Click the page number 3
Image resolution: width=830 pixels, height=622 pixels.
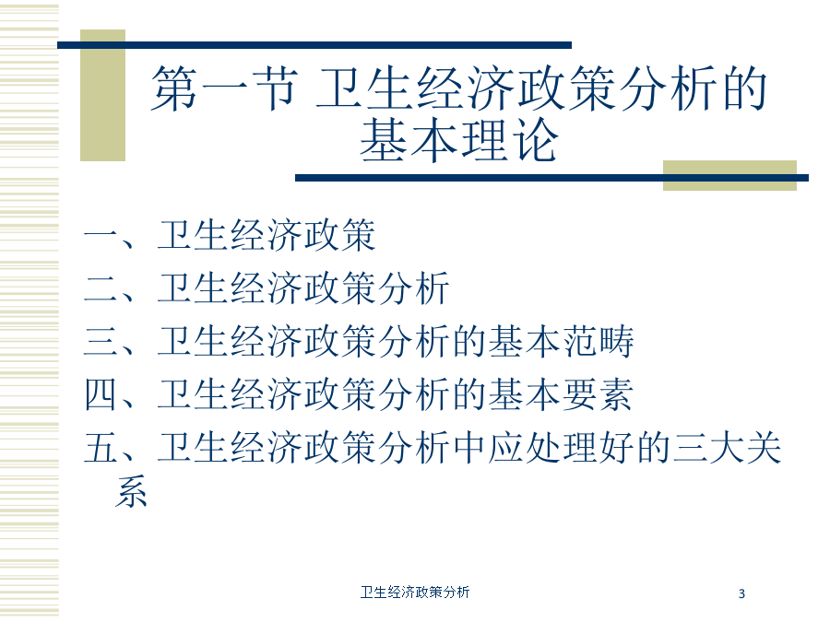(741, 593)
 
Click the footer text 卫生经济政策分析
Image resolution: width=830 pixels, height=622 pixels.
(415, 592)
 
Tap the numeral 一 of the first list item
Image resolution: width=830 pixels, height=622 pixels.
(100, 236)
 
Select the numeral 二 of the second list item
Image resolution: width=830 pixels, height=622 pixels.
(100, 288)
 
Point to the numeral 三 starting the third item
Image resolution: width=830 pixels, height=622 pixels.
(100, 341)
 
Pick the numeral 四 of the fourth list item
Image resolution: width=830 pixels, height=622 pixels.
(100, 394)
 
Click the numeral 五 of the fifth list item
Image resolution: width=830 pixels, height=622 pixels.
(100, 448)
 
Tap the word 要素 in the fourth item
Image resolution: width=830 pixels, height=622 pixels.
(598, 394)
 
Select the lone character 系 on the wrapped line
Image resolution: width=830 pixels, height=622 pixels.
(131, 492)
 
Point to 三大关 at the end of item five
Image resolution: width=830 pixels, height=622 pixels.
(727, 448)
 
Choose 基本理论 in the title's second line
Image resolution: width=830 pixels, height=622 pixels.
(459, 140)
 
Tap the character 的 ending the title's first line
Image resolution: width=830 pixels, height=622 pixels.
(745, 88)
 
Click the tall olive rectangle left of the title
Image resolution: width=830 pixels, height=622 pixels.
(102, 95)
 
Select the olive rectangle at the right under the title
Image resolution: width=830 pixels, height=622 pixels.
(730, 175)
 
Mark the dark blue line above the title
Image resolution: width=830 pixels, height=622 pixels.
(314, 45)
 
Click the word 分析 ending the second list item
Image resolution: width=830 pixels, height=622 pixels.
(414, 288)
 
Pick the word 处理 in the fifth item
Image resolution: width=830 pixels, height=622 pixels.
(561, 448)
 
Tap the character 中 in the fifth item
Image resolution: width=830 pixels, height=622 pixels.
(469, 448)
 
